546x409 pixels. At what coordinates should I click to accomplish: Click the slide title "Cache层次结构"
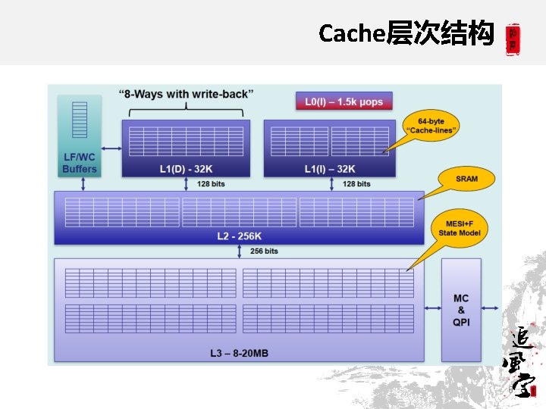click(406, 33)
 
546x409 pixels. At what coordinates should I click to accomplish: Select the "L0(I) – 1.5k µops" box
click(344, 101)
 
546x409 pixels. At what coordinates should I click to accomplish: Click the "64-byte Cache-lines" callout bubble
click(430, 126)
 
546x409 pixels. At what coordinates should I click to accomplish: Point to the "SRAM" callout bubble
click(466, 180)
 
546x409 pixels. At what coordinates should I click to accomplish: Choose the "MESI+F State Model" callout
click(460, 228)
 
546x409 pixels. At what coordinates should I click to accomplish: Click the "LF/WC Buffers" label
click(80, 163)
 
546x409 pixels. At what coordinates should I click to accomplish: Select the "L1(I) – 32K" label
click(329, 169)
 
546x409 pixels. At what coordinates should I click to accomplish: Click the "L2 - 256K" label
click(240, 236)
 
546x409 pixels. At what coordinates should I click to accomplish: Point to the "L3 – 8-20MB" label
click(239, 353)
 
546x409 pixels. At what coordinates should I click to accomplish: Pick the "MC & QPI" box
click(461, 310)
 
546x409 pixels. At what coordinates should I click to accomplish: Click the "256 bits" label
click(264, 251)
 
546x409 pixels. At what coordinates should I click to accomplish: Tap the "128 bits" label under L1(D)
click(210, 184)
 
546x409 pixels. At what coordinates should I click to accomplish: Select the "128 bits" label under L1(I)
click(356, 184)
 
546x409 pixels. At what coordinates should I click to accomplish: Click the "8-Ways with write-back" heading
click(186, 94)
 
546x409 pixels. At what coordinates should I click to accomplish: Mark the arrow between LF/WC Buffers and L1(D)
click(111, 148)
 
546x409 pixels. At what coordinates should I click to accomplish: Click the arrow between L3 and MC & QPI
click(433, 308)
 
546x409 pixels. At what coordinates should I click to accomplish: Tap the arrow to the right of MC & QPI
click(491, 308)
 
